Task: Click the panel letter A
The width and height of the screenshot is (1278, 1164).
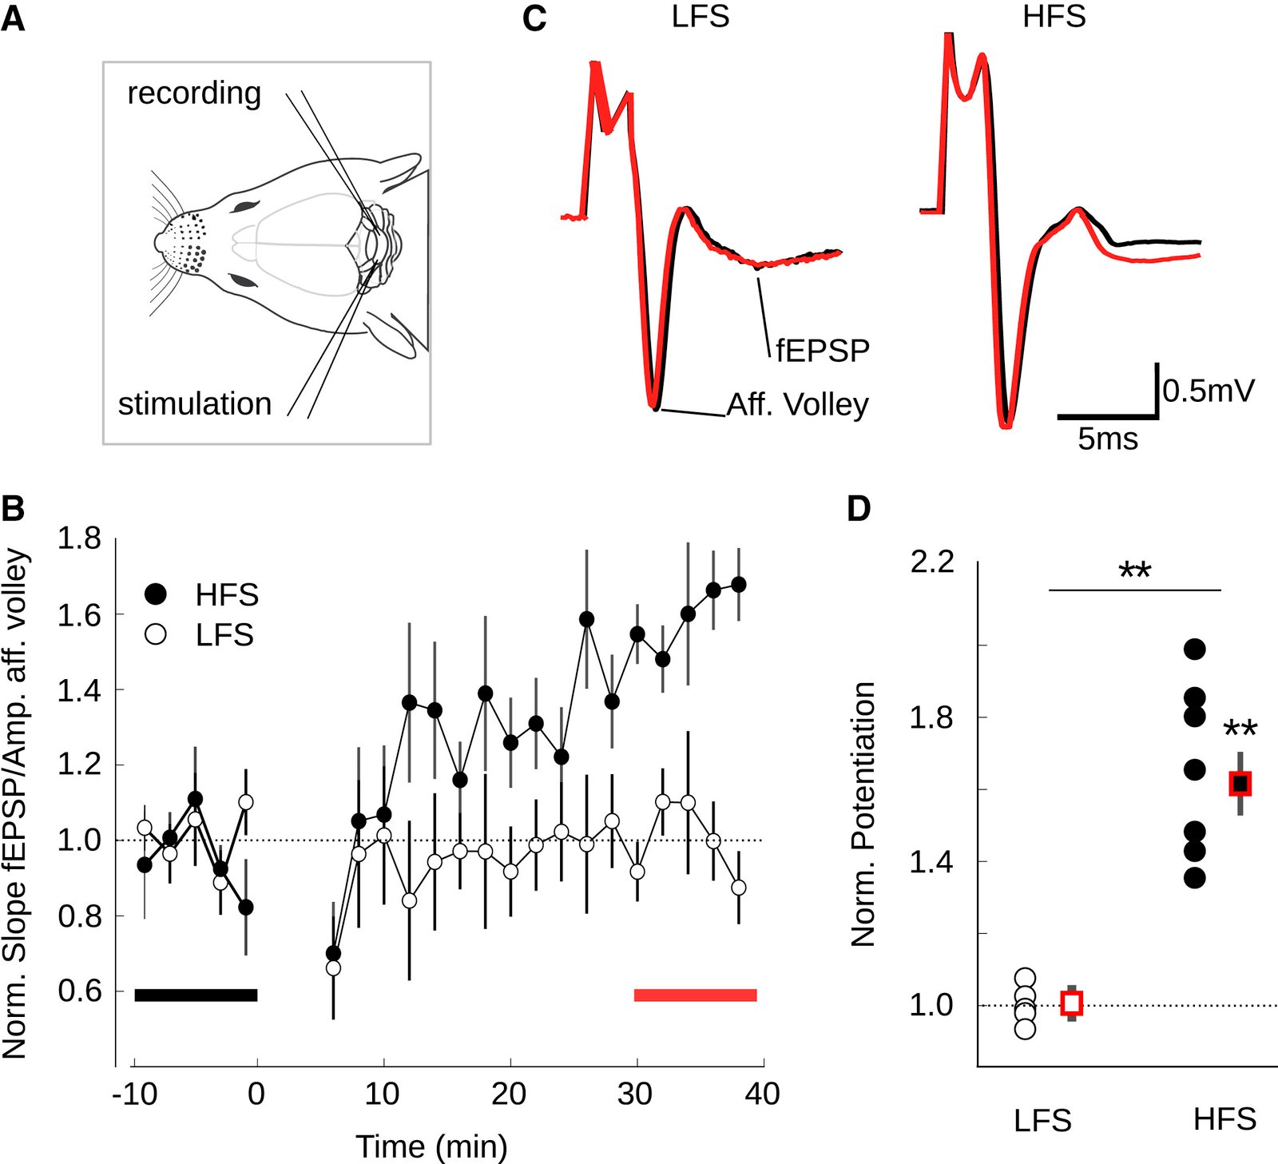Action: coord(13,18)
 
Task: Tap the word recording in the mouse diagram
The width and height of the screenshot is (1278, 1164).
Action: coord(194,93)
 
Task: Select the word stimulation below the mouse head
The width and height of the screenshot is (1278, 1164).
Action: coord(195,404)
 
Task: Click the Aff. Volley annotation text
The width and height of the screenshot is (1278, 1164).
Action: coord(797,405)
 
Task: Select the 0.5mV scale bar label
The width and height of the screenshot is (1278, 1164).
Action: coord(1209,391)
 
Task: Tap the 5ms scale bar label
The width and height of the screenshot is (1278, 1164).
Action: coord(1107,439)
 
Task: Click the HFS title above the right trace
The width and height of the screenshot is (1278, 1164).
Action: coord(1054,17)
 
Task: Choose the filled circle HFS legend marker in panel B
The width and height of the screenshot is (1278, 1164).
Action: coord(156,594)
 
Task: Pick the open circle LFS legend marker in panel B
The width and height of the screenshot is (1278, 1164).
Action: coord(156,634)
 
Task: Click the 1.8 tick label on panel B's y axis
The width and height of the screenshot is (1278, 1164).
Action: coord(79,539)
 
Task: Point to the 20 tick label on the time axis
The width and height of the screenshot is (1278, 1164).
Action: coord(509,1094)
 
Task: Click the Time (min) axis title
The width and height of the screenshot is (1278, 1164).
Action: coord(431,1146)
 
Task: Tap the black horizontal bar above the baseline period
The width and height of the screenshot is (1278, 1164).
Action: coord(196,995)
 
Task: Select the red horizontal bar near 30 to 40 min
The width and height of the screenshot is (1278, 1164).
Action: coord(695,995)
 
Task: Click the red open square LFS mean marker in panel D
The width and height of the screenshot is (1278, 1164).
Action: coord(1071,1003)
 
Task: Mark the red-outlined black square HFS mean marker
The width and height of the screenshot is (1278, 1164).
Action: coord(1240,784)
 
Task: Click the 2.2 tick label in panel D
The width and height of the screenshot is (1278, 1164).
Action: coord(932,562)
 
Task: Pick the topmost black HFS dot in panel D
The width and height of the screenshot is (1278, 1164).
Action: coord(1194,649)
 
